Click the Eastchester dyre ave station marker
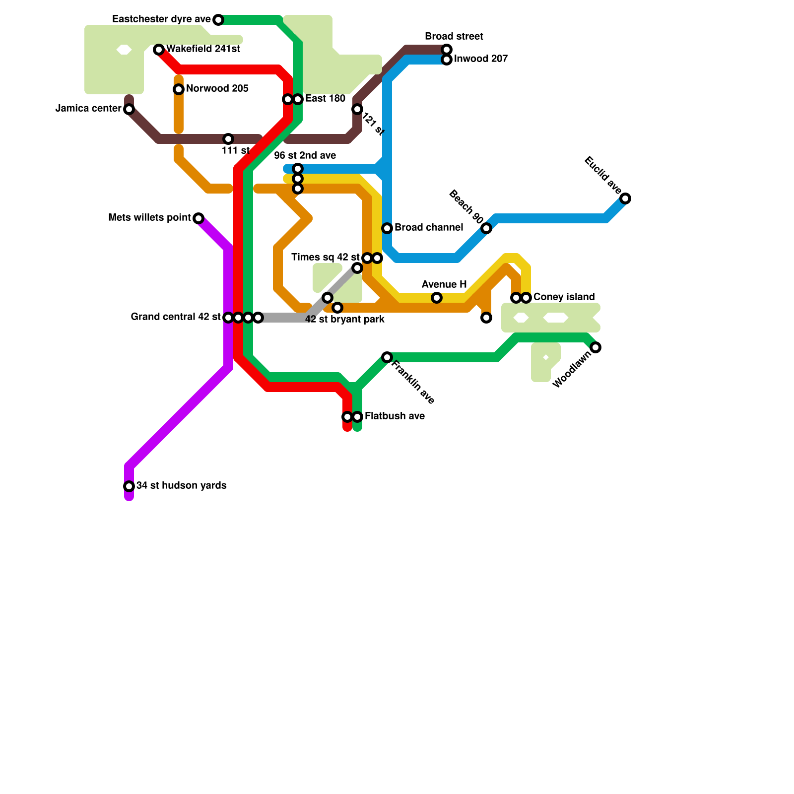tap(218, 20)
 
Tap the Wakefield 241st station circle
tap(159, 50)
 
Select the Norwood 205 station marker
tap(179, 89)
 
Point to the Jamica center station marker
tap(129, 109)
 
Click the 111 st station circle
tap(228, 139)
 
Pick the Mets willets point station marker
tap(198, 218)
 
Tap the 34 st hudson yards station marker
tap(129, 486)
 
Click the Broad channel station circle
tap(387, 228)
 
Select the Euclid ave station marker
tap(625, 198)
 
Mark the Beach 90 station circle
tap(486, 228)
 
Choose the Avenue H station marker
tap(437, 298)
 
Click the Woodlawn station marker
tap(595, 347)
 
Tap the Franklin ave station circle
tap(387, 357)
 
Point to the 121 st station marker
tap(357, 109)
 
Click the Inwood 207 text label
tap(480, 59)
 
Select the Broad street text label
tap(454, 37)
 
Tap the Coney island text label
tap(564, 297)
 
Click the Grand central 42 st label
tap(176, 317)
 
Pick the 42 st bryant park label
tap(344, 320)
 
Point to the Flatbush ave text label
tap(395, 416)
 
